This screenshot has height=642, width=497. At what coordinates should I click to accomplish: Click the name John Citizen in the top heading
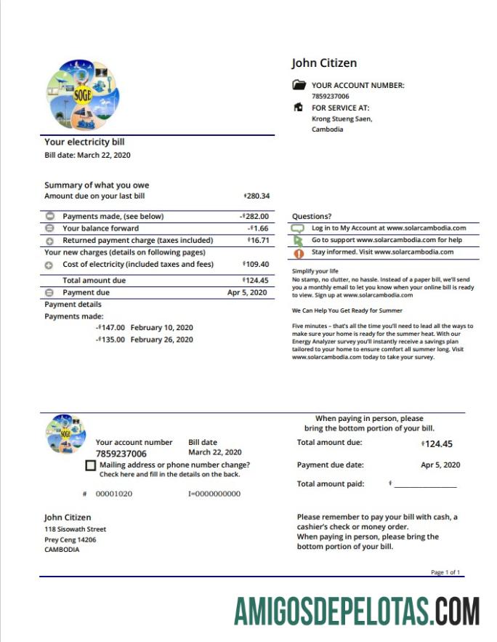(324, 63)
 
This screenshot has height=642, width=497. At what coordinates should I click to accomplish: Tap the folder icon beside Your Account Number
(299, 85)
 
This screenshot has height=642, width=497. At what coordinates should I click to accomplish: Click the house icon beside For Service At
(298, 108)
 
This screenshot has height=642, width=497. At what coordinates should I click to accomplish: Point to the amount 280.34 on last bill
(256, 196)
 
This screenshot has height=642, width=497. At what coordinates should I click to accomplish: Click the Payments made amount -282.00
(254, 216)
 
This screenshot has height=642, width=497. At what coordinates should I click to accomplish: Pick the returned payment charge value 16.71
(258, 240)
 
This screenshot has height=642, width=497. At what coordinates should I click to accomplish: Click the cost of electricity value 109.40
(256, 265)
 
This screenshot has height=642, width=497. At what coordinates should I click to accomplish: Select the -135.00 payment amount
(110, 340)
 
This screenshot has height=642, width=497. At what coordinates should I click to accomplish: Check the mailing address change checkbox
(90, 465)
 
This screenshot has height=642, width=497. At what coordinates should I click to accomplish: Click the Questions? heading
(312, 216)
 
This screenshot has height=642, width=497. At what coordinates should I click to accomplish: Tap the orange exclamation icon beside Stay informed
(298, 253)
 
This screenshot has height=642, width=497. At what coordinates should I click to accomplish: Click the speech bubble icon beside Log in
(298, 228)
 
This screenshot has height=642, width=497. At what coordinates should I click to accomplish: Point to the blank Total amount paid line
(425, 484)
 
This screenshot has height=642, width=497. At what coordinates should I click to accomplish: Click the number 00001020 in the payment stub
(114, 494)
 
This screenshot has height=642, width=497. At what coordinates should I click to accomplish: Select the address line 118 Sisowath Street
(76, 529)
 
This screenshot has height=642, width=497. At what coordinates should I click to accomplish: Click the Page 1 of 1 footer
(445, 572)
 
